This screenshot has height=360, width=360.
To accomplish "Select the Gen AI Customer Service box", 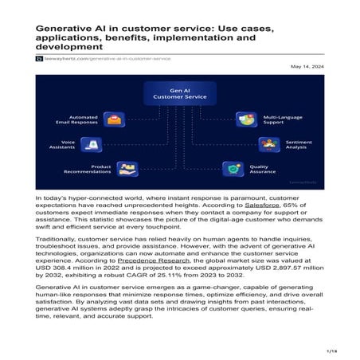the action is tap(180, 93).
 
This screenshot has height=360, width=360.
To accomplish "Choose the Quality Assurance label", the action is tap(263, 170).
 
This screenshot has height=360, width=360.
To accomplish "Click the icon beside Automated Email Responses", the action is tap(116, 121).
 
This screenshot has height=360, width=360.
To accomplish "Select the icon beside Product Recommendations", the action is tap(126, 170).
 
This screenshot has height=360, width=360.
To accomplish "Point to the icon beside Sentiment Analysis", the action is tap(267, 145).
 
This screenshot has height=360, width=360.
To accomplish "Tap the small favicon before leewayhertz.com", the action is tap(38, 58).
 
